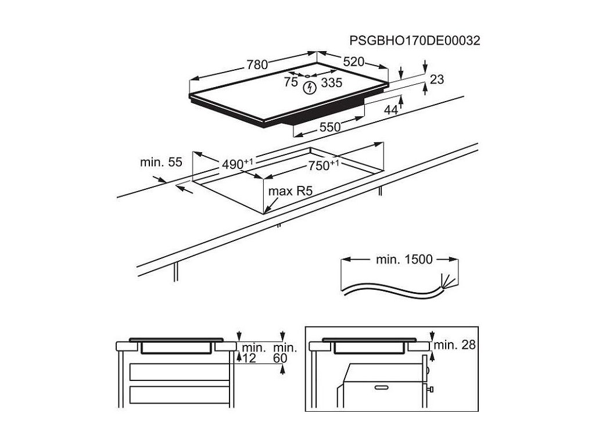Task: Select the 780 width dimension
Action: [257, 65]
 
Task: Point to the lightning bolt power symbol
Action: [311, 88]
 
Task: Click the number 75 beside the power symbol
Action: [291, 82]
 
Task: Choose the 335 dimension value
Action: [332, 82]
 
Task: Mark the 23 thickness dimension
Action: [437, 79]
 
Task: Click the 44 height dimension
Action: [391, 110]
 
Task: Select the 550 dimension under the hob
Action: [329, 128]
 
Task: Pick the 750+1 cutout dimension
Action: [324, 166]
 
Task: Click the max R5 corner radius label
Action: [286, 190]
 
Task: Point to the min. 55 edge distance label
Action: [162, 163]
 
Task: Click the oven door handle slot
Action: [382, 386]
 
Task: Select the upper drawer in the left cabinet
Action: [178, 372]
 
